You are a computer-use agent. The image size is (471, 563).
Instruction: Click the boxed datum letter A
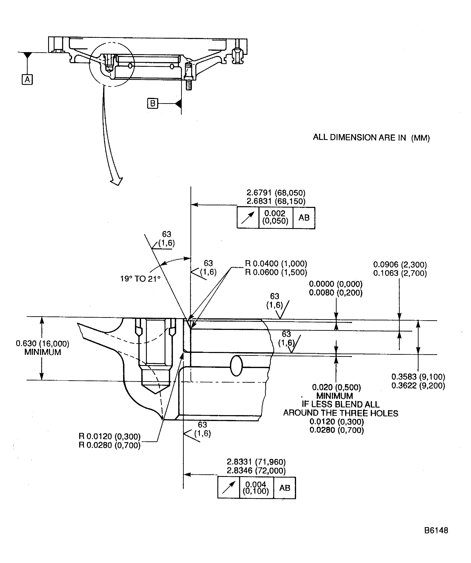[x=27, y=80]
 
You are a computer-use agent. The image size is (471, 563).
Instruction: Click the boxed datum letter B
[x=153, y=104]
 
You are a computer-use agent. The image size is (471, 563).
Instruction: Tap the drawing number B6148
[x=436, y=530]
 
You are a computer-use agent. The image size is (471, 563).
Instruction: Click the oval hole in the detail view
[x=236, y=366]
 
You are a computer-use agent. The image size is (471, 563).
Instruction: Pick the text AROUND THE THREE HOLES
[x=340, y=413]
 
